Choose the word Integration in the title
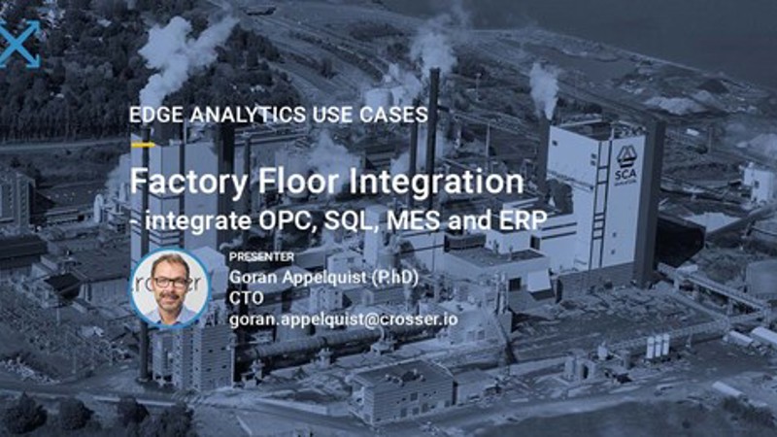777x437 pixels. [428, 183]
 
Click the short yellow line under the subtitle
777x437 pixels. [142, 145]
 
